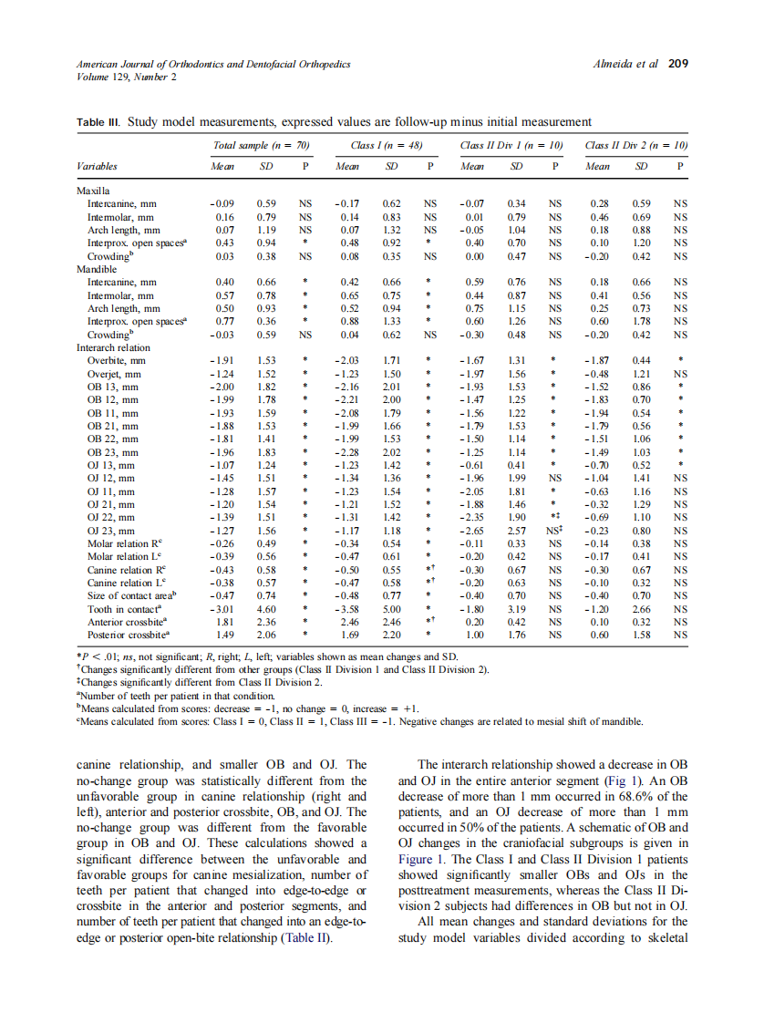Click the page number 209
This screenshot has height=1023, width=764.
tap(677, 65)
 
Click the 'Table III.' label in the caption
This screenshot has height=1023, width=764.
tap(98, 121)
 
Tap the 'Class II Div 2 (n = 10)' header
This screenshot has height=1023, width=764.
tap(635, 145)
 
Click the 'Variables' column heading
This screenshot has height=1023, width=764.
tap(96, 167)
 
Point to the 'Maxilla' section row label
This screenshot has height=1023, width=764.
tap(93, 193)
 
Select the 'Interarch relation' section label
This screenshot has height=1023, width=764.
tap(113, 348)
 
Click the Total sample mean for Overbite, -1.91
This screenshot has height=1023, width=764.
tap(223, 361)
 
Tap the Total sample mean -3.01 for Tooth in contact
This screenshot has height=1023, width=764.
tap(223, 606)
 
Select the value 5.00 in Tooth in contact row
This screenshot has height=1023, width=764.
tap(392, 606)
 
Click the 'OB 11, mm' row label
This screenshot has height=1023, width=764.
tap(112, 413)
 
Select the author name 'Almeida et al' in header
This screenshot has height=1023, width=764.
tap(625, 65)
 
